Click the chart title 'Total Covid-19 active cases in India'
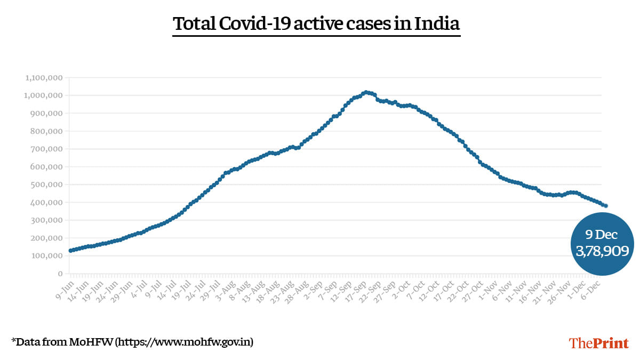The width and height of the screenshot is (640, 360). pos(316,24)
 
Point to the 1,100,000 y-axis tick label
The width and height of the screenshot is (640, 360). pos(44,78)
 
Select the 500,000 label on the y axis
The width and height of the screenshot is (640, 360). pos(47,185)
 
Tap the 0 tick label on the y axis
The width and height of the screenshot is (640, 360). pos(61,274)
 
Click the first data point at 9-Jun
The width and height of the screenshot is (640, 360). pos(70,251)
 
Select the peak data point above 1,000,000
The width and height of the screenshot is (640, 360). pos(365,92)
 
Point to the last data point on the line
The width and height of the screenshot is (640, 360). pos(606,206)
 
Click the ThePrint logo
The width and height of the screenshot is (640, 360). pos(599,342)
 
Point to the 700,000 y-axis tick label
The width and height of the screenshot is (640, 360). pos(47,149)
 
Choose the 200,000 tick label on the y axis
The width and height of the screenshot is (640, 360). pos(47,238)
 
